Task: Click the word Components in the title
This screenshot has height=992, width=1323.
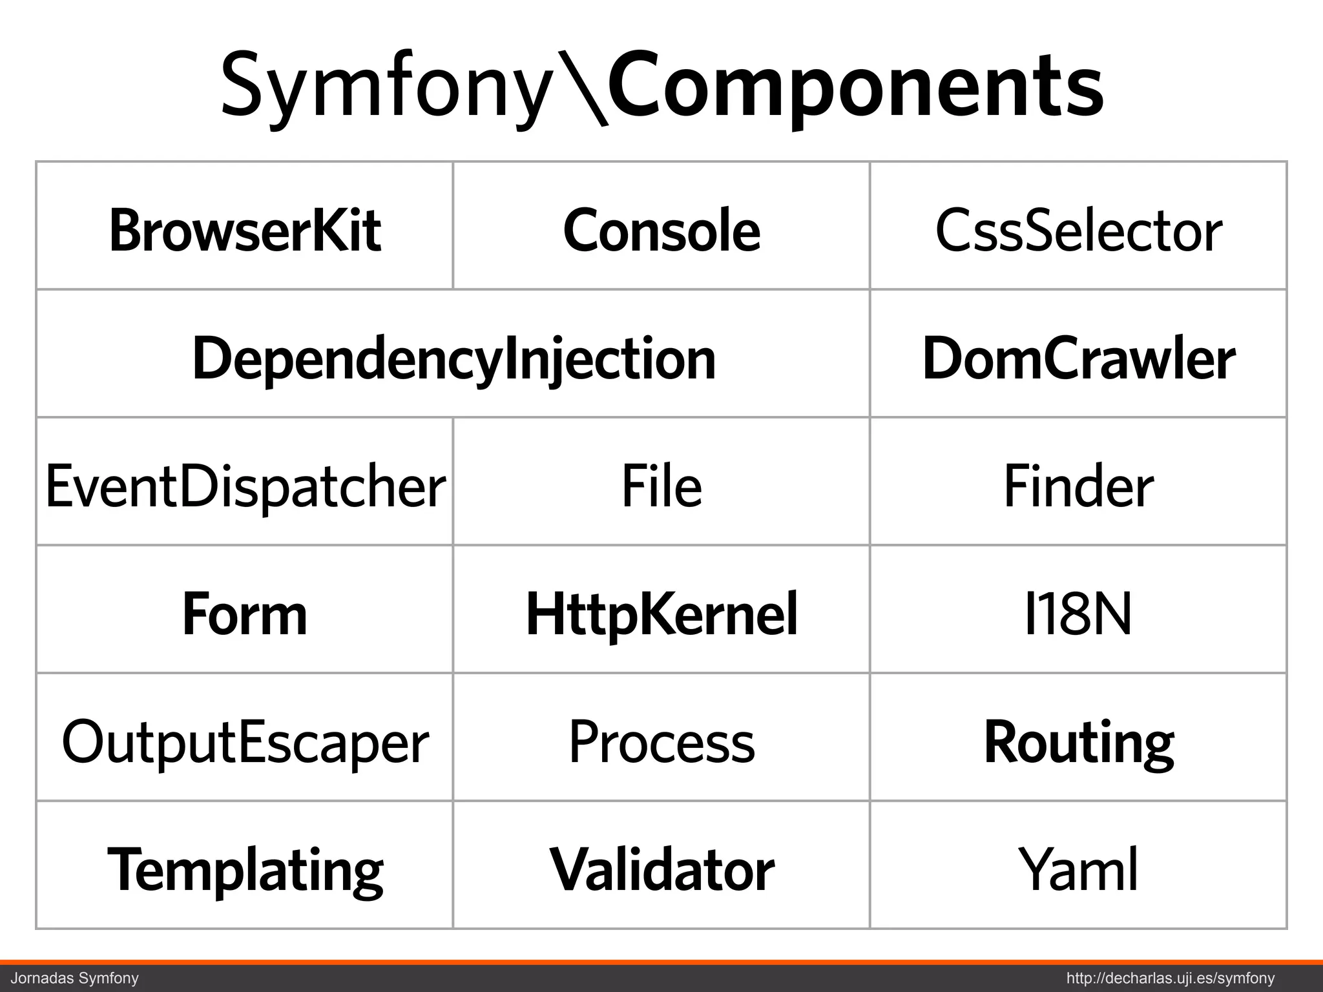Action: pos(856,87)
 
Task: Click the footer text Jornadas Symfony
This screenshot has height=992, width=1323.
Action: pos(75,978)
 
